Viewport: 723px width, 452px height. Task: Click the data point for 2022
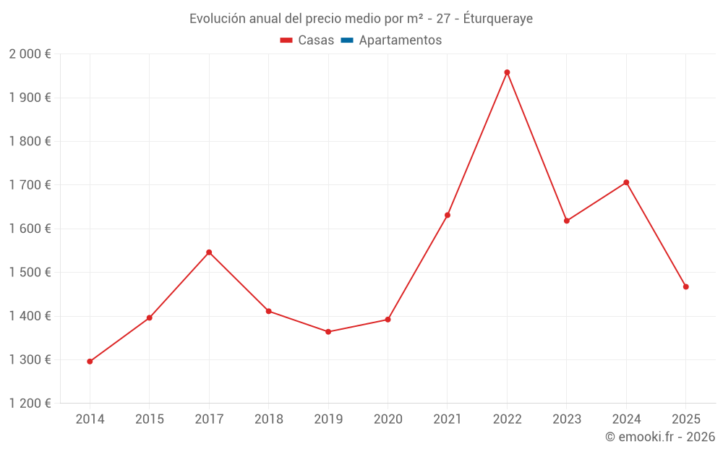pos(507,72)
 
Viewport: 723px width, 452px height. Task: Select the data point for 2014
pos(90,362)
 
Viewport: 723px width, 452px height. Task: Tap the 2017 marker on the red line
pos(209,252)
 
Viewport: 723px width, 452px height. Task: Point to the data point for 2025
pos(685,287)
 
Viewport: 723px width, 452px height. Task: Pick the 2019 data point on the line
pos(328,332)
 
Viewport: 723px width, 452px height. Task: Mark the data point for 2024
pos(626,182)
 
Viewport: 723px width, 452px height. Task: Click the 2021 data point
pos(448,216)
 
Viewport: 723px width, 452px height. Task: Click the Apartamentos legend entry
pos(400,40)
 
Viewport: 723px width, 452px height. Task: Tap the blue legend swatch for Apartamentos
pos(347,40)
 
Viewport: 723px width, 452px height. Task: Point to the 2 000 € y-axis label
pos(30,54)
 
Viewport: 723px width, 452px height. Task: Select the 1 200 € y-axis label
pos(30,404)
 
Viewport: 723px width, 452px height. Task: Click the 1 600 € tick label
pos(30,229)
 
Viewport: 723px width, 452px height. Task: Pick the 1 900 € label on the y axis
pos(30,98)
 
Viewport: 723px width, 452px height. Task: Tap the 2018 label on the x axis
pos(268,419)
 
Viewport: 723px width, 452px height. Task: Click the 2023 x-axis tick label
pos(566,419)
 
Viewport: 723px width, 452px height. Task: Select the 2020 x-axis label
pos(388,419)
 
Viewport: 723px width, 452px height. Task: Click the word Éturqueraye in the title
pos(497,19)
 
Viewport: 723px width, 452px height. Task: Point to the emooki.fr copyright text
pos(660,437)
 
